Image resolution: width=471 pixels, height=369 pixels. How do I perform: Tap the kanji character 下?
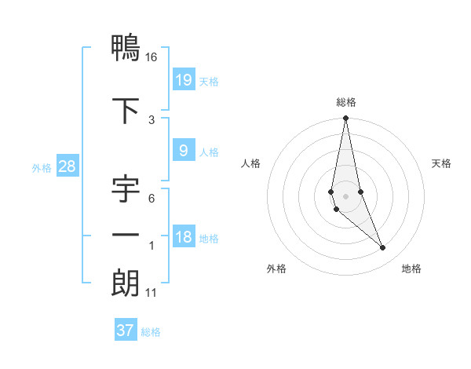pyautogui.click(x=125, y=109)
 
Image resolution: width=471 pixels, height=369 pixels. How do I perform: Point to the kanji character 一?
pyautogui.click(x=125, y=236)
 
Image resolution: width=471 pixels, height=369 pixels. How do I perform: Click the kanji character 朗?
pyautogui.click(x=125, y=283)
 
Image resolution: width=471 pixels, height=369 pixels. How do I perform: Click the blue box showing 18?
pyautogui.click(x=183, y=236)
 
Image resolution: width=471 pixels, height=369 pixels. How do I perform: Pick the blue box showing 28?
pyautogui.click(x=67, y=166)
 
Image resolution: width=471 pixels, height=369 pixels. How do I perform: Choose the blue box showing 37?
pyautogui.click(x=125, y=331)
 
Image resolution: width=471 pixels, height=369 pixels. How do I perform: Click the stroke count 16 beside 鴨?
pyautogui.click(x=151, y=57)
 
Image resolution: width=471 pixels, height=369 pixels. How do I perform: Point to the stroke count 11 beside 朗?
pyautogui.click(x=152, y=293)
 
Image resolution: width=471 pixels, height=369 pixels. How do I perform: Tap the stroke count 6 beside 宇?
pyautogui.click(x=151, y=199)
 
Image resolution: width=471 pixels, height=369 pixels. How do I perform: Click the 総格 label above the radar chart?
pyautogui.click(x=346, y=102)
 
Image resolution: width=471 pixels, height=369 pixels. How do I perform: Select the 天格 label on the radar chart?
pyautogui.click(x=442, y=163)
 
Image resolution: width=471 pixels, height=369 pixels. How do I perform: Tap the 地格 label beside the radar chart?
pyautogui.click(x=411, y=269)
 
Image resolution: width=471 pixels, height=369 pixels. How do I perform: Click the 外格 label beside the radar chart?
pyautogui.click(x=276, y=269)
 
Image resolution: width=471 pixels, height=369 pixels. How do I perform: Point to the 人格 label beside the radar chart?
pyautogui.click(x=251, y=163)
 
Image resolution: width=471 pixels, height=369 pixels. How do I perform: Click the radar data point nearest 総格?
pyautogui.click(x=345, y=119)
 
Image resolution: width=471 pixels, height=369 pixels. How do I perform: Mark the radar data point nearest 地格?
pyautogui.click(x=383, y=248)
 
